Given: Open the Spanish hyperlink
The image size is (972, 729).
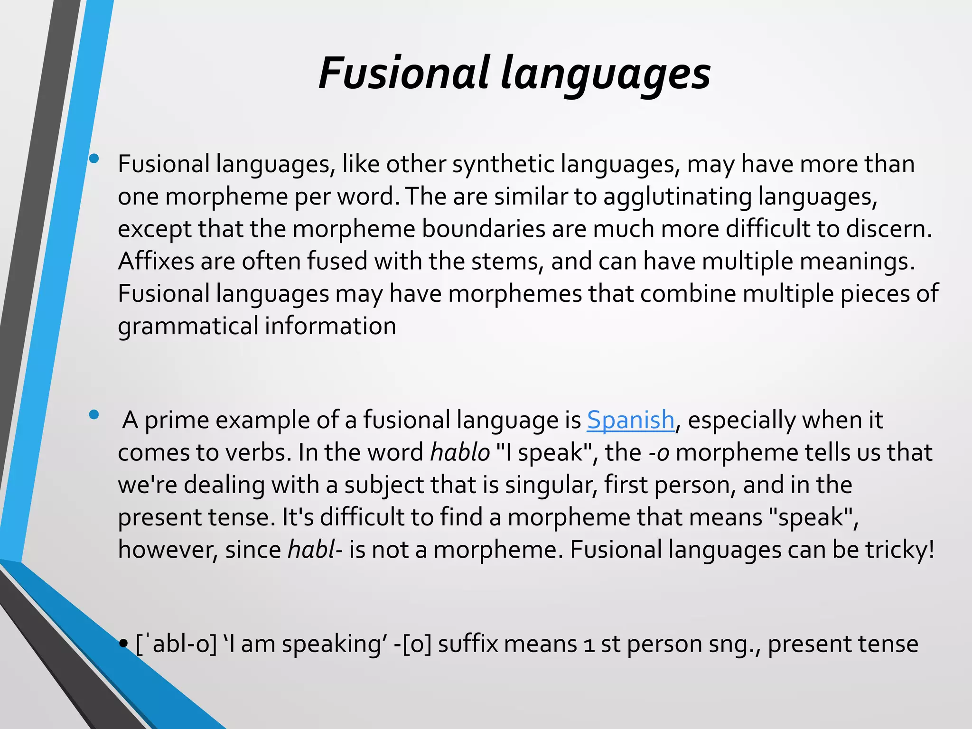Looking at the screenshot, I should [x=630, y=420].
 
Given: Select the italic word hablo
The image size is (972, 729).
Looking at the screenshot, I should [x=459, y=452].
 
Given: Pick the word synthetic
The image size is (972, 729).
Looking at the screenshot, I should [x=504, y=165].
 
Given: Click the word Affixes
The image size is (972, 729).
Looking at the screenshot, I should [x=156, y=261].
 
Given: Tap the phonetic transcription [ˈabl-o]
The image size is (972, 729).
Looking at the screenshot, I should [x=176, y=645].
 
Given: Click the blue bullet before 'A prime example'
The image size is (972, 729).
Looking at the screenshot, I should [x=94, y=414].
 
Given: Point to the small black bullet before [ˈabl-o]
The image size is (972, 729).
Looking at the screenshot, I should [x=124, y=644].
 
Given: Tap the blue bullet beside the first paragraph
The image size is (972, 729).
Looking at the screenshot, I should [x=94, y=159].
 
